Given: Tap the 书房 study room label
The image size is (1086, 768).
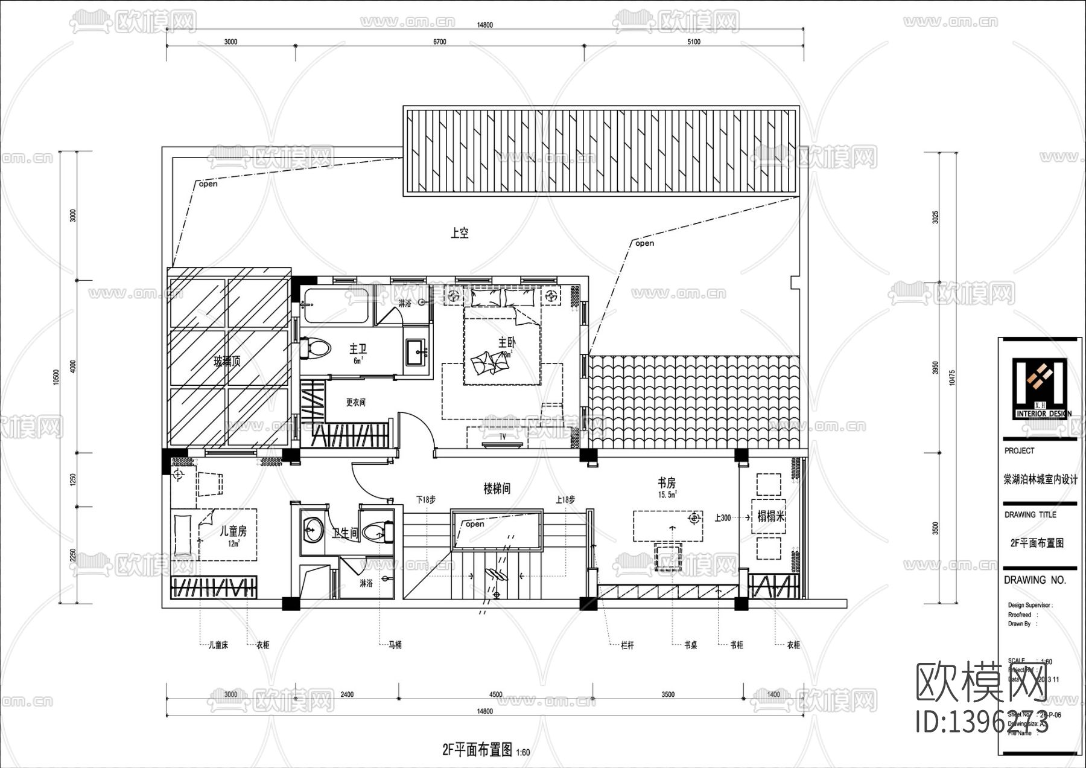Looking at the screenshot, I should click(667, 483).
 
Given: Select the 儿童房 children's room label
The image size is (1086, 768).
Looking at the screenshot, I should click(233, 531).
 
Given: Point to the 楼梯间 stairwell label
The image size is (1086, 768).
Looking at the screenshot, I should click(497, 488).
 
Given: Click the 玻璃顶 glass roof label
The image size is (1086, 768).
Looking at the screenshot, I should click(227, 362).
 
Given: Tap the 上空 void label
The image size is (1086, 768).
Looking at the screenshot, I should click(460, 232).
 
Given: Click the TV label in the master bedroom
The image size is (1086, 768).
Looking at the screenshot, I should click(503, 437).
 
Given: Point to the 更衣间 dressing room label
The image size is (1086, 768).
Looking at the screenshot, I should click(355, 402).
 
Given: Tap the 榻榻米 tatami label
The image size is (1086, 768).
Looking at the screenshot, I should click(771, 517).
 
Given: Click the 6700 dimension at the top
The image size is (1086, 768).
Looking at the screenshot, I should click(440, 42).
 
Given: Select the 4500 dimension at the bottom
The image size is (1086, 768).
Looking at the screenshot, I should click(495, 694).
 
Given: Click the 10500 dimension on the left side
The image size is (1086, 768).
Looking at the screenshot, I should click(56, 377).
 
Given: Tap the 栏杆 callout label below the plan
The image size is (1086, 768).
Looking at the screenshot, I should click(627, 645).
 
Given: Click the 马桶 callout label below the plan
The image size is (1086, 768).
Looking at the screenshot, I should click(395, 645).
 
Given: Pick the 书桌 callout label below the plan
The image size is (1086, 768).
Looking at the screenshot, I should click(691, 645).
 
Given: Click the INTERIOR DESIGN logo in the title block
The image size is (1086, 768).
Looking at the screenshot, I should click(1040, 389).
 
